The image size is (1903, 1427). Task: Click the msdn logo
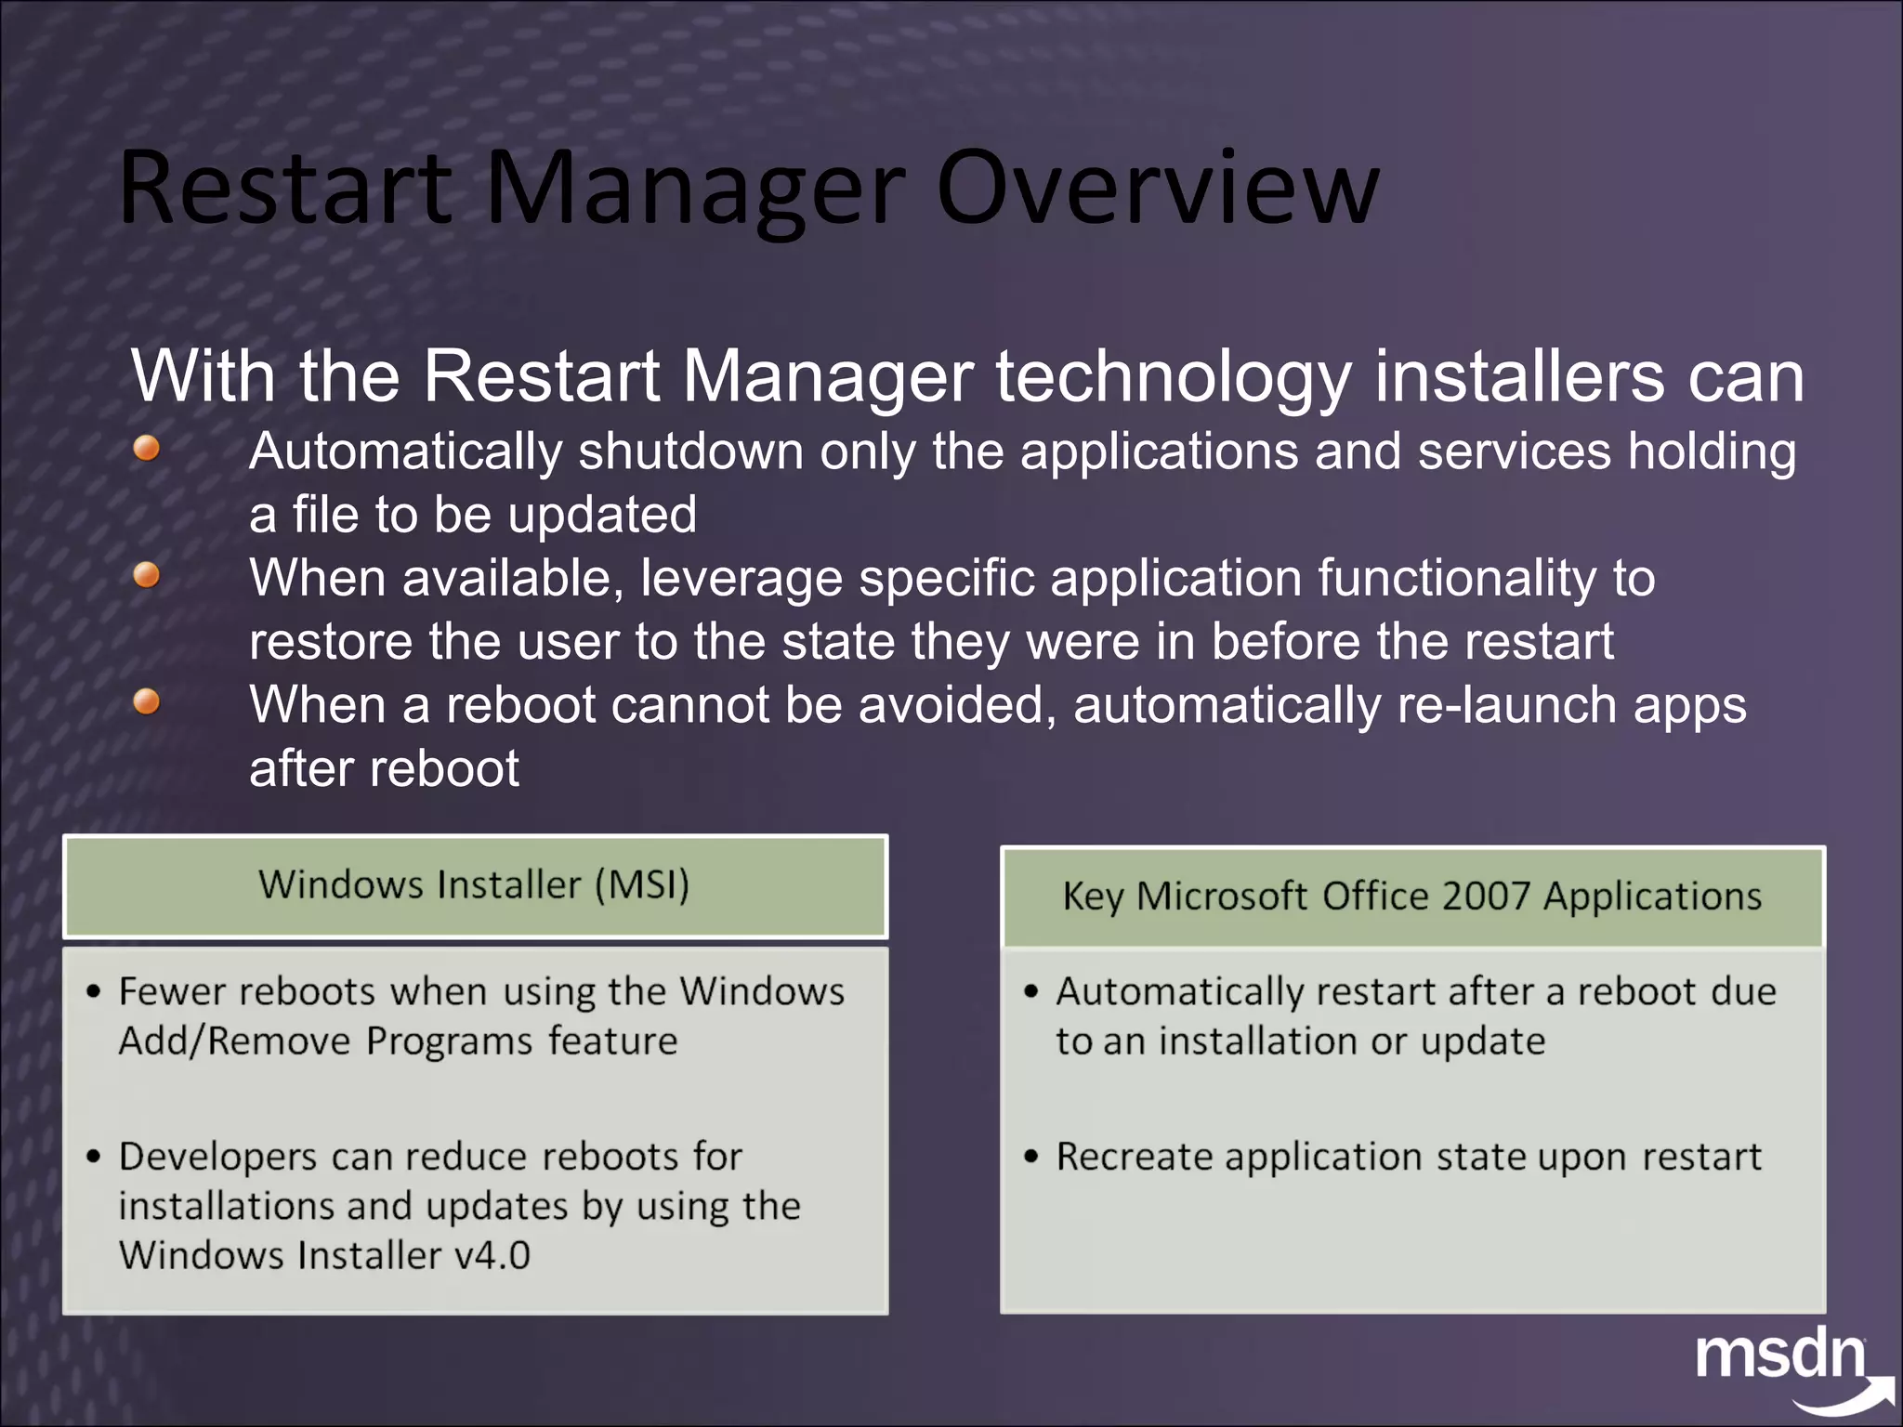1782,1358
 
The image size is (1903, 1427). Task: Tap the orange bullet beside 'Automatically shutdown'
147,450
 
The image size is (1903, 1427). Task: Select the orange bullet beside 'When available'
147,576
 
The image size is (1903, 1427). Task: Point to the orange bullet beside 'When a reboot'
147,702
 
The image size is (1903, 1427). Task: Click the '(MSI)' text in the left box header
642,884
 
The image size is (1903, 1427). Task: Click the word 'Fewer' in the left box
172,992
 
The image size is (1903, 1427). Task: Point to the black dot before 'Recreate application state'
1030,1158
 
